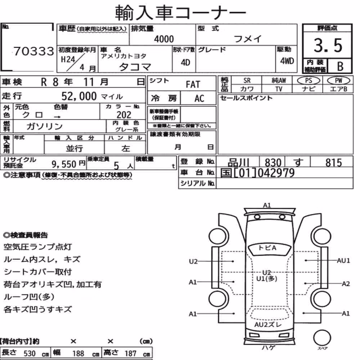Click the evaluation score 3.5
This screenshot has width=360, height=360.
point(328,45)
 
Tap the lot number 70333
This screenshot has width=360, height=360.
point(34,51)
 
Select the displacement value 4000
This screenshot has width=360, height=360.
point(164,39)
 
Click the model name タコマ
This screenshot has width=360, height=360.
point(135,67)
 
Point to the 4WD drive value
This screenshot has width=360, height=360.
point(287,61)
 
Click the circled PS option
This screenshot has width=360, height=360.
point(309,80)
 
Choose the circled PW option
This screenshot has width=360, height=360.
point(338,80)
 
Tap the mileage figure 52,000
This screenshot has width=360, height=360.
point(79,96)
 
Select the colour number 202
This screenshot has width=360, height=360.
point(124,115)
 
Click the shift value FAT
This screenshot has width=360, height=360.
point(193,85)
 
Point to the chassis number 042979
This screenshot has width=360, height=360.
point(276,173)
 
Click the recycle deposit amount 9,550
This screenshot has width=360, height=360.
point(64,164)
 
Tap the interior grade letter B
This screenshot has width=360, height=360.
point(340,66)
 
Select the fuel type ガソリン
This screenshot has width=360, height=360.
point(45,126)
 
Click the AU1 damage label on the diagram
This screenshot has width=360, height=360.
point(343,261)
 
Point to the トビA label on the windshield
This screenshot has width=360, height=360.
point(267,248)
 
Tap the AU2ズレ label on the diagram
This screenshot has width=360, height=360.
point(268,325)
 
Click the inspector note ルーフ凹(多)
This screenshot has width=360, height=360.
point(29,297)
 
